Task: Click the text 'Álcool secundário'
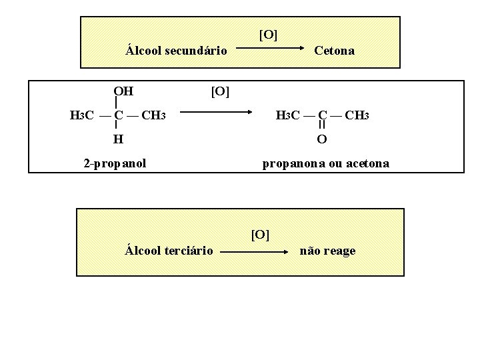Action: coord(177,50)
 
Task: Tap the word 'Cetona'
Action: coord(334,50)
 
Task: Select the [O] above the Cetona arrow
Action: coord(268,35)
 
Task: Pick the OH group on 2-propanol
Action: coord(123,91)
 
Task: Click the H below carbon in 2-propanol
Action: coord(118,139)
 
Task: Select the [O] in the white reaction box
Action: coord(220,91)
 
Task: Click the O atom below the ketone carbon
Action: coord(322,139)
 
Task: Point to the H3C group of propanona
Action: coord(289,115)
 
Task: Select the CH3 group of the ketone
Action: coord(357,115)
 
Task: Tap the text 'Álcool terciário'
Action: coord(169,251)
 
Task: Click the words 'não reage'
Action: coord(327,251)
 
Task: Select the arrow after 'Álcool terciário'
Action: coord(257,253)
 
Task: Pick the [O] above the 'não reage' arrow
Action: coord(260,235)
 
